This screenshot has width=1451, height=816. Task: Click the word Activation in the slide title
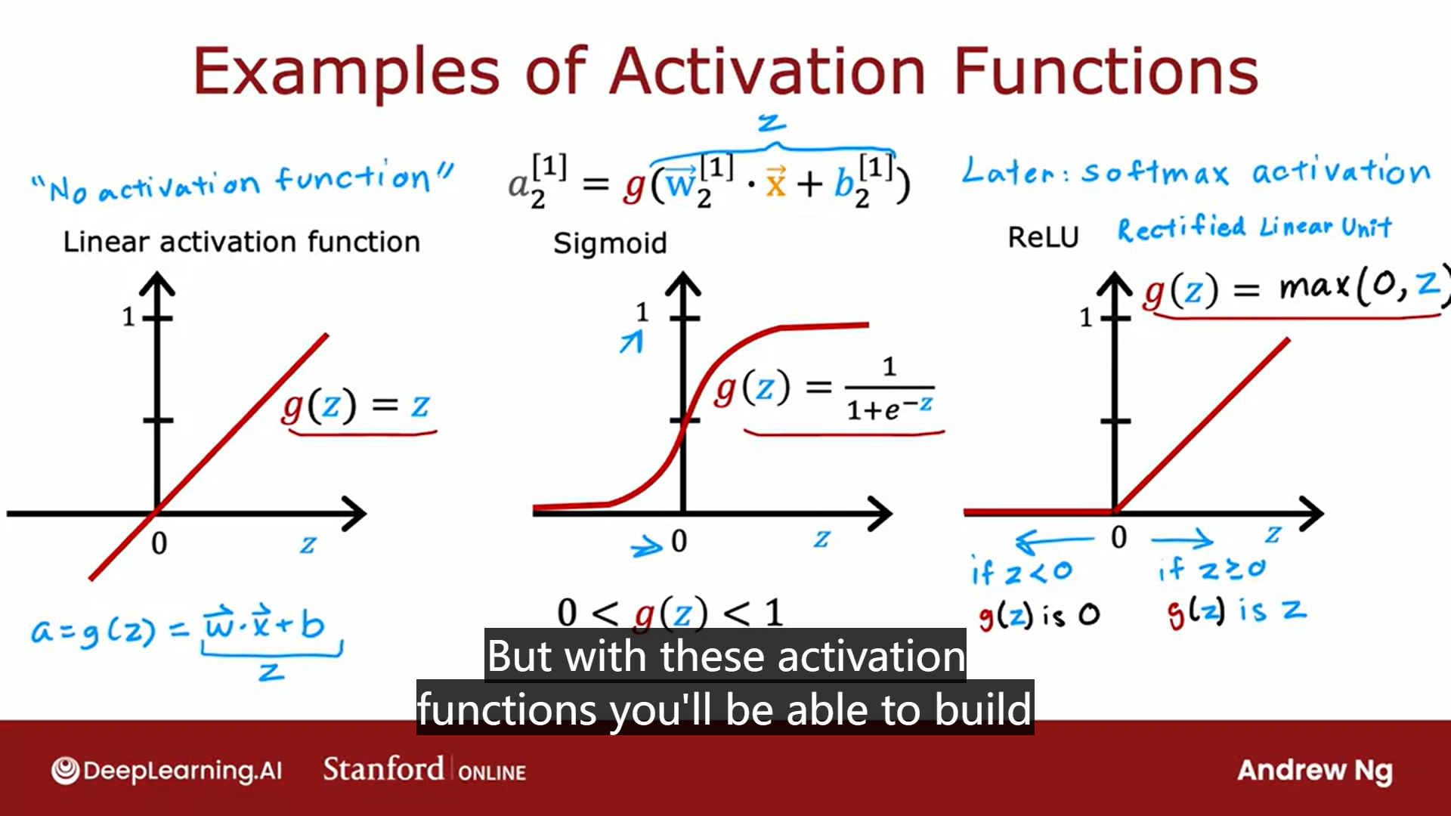(x=767, y=72)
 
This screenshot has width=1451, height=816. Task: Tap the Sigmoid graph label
(x=610, y=243)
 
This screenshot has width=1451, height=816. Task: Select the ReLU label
(x=1043, y=237)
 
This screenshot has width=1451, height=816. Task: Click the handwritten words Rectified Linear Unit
(x=1254, y=227)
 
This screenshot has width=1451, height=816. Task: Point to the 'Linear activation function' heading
(x=241, y=242)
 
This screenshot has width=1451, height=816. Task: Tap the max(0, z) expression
(x=1360, y=287)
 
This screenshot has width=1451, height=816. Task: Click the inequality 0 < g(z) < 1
(x=670, y=612)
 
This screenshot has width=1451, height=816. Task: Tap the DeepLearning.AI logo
(x=166, y=771)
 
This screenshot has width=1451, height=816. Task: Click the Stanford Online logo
(x=424, y=770)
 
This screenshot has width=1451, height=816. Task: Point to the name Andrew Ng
(x=1314, y=771)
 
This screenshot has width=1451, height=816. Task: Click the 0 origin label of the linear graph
(x=159, y=543)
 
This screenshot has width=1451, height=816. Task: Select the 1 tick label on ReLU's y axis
(x=1086, y=317)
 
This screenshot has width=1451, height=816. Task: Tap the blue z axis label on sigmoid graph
(x=821, y=539)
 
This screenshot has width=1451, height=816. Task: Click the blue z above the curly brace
(x=772, y=122)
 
